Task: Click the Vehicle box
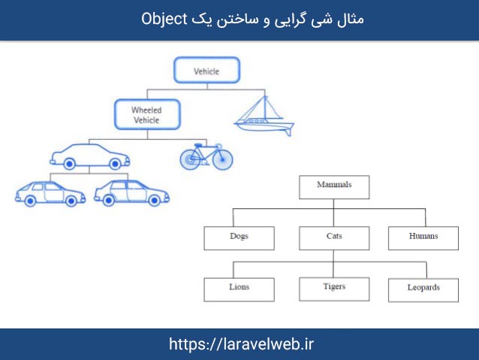coord(206,71)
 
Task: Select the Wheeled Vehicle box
coord(146,115)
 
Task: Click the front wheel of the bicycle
coord(222,159)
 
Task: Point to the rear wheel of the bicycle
coord(191,159)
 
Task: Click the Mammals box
coord(333,185)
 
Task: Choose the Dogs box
coord(239,237)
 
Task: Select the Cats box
coord(334,237)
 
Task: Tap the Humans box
coord(423,237)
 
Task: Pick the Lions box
coord(239,289)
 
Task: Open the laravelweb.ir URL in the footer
coord(240,344)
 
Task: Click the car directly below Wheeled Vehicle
coord(90,156)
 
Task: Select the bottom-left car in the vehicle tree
coord(50,193)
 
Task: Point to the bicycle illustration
coord(206,156)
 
